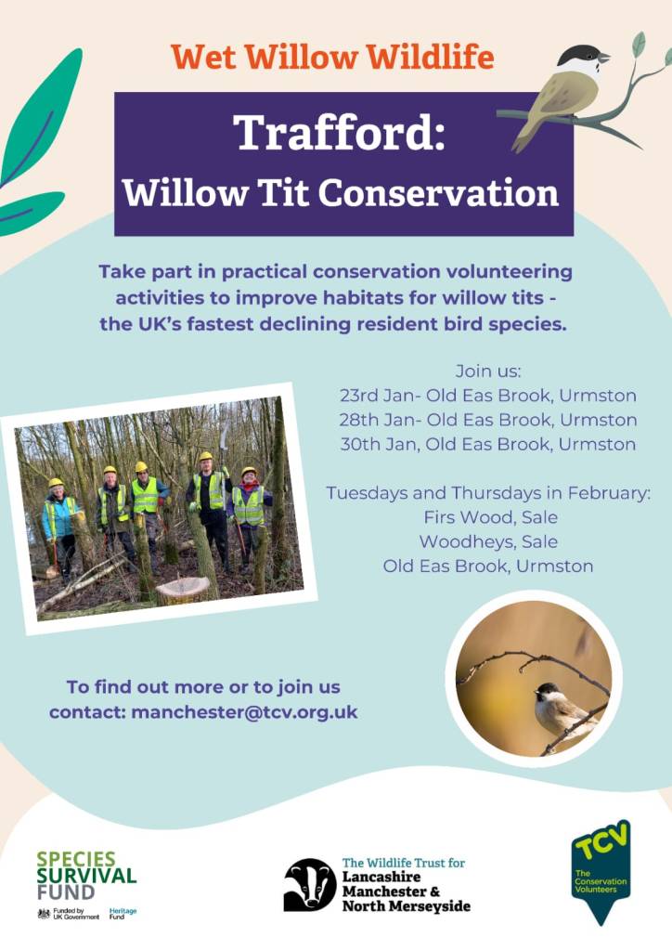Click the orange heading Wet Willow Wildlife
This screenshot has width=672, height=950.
[x=332, y=57]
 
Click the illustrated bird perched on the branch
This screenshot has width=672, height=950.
[x=560, y=94]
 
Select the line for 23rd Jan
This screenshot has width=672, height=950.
[x=488, y=396]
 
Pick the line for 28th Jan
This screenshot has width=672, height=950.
[x=488, y=420]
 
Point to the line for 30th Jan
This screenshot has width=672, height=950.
[x=488, y=444]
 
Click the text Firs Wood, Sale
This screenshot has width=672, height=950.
[x=490, y=517]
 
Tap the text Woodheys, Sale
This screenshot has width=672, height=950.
[x=488, y=541]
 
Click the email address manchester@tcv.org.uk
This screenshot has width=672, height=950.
[x=245, y=712]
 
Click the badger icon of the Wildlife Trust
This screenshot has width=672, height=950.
[x=310, y=885]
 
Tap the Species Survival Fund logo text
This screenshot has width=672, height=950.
[x=86, y=876]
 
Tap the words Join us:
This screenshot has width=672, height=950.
[x=488, y=371]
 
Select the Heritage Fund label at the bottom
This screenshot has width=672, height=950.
[x=123, y=914]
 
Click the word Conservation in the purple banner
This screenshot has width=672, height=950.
[x=438, y=193]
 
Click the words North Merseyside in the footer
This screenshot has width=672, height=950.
[x=407, y=906]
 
